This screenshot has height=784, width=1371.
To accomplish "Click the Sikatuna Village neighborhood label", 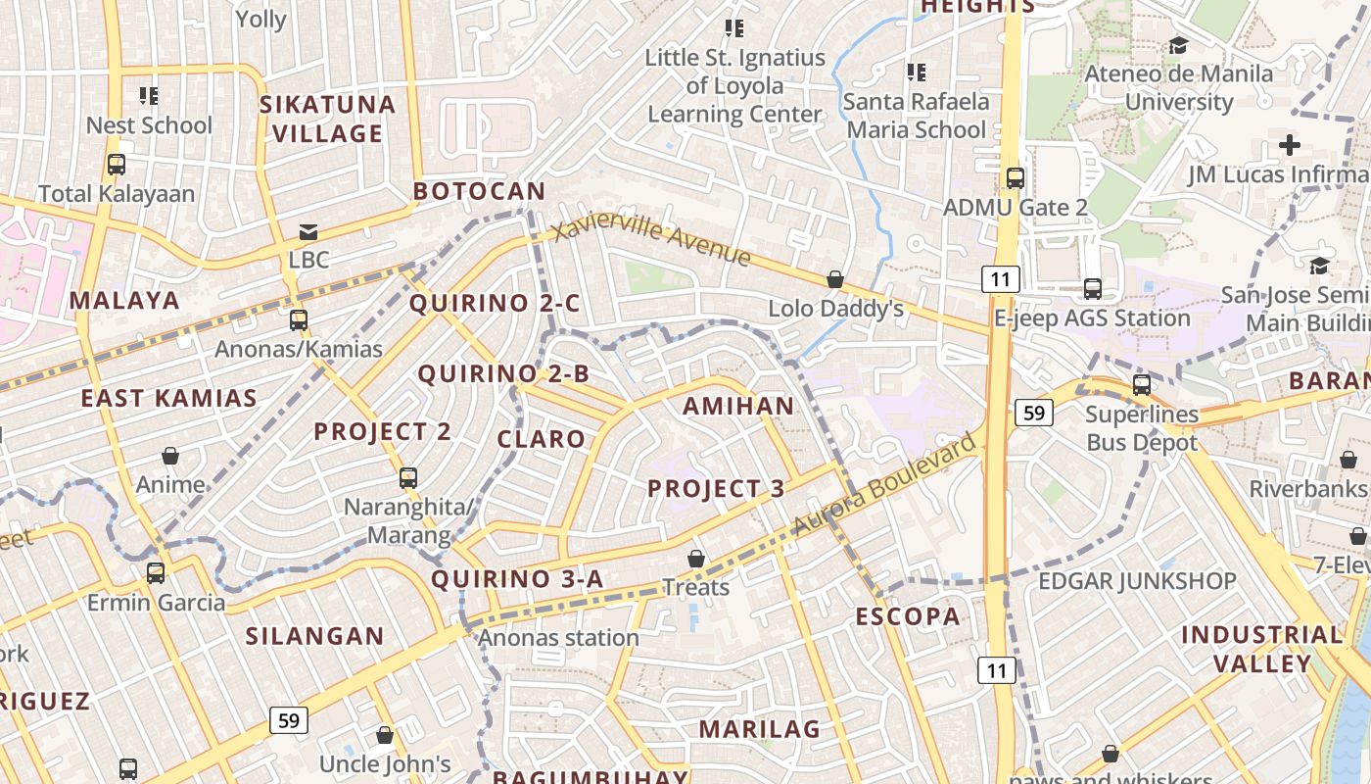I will click(x=327, y=119).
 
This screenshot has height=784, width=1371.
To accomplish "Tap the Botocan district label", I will click(x=479, y=191).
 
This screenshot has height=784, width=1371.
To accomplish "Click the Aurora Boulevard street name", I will click(x=883, y=484).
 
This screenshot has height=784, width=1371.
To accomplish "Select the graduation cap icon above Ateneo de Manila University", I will click(x=1178, y=45).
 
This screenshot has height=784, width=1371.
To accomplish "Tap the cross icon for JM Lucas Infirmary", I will click(x=1290, y=146).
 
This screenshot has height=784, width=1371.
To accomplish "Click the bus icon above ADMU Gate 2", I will click(x=1016, y=178).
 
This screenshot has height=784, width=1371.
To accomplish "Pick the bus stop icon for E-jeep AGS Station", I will click(x=1093, y=289).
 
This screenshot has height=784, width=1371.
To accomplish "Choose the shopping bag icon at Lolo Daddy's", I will click(x=835, y=280).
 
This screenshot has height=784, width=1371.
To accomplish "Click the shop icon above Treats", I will click(x=696, y=559).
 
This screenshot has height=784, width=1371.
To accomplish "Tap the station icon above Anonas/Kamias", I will click(x=299, y=319).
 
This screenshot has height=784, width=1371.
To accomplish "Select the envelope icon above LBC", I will click(x=308, y=232).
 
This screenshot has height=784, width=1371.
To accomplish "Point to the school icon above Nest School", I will click(x=149, y=96).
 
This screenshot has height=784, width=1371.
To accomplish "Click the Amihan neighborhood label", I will click(x=738, y=406).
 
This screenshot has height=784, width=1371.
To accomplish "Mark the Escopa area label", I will click(x=908, y=616).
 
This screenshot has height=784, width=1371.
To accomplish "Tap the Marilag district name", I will click(x=759, y=729).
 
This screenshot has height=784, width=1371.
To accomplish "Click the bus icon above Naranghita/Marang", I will click(x=408, y=478).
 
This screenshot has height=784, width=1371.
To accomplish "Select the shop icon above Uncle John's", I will click(x=385, y=735).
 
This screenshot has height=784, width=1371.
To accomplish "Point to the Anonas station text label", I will click(x=558, y=638).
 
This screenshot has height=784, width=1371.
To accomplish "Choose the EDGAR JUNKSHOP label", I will click(x=1137, y=581).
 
